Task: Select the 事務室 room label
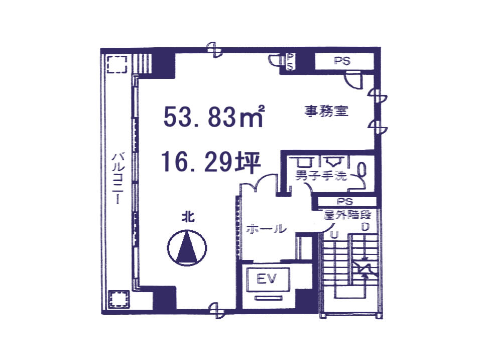pyautogui.click(x=326, y=111)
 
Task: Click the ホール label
pyautogui.click(x=266, y=229)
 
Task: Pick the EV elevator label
pyautogui.click(x=266, y=279)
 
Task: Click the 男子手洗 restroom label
pyautogui.click(x=321, y=175)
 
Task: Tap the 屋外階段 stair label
pyautogui.click(x=347, y=215)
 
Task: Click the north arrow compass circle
pyautogui.click(x=187, y=247)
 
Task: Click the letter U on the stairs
pyautogui.click(x=334, y=235)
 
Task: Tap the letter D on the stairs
pyautogui.click(x=365, y=227)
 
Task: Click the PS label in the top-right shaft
pyautogui.click(x=342, y=61)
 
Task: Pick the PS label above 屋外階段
pyautogui.click(x=345, y=202)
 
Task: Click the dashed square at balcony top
pyautogui.click(x=117, y=64)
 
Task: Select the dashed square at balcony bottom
pyautogui.click(x=119, y=299)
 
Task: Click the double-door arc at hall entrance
pyautogui.click(x=259, y=183)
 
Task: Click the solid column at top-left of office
pyautogui.click(x=164, y=65)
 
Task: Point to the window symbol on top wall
pyautogui.click(x=214, y=49)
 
